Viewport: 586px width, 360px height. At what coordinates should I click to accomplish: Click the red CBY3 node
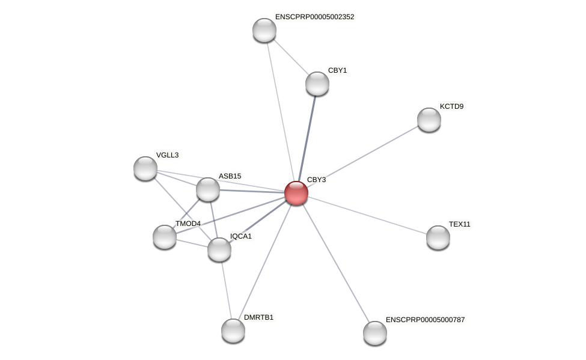296,193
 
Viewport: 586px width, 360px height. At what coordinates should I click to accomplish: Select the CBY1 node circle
317,84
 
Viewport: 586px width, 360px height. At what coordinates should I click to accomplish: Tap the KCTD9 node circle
429,120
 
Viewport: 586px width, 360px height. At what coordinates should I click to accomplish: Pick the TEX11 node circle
438,237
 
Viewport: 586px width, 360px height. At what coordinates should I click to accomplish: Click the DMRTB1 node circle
233,330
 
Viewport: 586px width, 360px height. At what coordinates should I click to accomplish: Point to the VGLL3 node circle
145,168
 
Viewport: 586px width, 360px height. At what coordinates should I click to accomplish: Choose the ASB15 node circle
208,189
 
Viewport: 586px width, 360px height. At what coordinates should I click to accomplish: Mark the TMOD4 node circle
165,237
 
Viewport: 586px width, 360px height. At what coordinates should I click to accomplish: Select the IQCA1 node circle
219,249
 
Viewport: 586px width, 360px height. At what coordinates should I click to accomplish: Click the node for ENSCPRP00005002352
264,30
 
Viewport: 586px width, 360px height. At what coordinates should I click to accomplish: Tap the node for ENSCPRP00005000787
375,332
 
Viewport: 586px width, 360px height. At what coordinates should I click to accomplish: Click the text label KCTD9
451,106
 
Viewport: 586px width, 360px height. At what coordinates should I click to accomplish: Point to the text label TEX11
460,224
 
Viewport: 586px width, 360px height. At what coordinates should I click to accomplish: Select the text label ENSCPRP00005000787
425,320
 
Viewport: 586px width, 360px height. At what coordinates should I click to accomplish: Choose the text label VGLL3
167,155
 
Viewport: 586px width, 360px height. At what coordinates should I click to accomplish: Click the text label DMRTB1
258,317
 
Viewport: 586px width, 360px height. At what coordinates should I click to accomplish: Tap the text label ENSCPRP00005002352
314,17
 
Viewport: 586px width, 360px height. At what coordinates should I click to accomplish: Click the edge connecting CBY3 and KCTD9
362,156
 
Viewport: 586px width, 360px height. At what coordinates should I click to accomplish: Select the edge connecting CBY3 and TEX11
367,215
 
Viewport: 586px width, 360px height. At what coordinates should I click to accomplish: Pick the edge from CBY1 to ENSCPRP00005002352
291,56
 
